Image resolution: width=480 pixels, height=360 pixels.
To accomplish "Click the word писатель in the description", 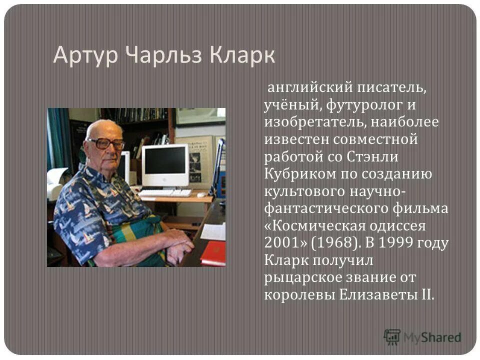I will (391, 88).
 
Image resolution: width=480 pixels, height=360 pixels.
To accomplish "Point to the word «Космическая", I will (315, 225).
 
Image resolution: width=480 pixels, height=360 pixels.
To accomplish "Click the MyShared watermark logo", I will (422, 336).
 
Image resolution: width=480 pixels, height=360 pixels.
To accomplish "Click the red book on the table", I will (213, 253).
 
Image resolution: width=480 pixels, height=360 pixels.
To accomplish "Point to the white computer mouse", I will (200, 194).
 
